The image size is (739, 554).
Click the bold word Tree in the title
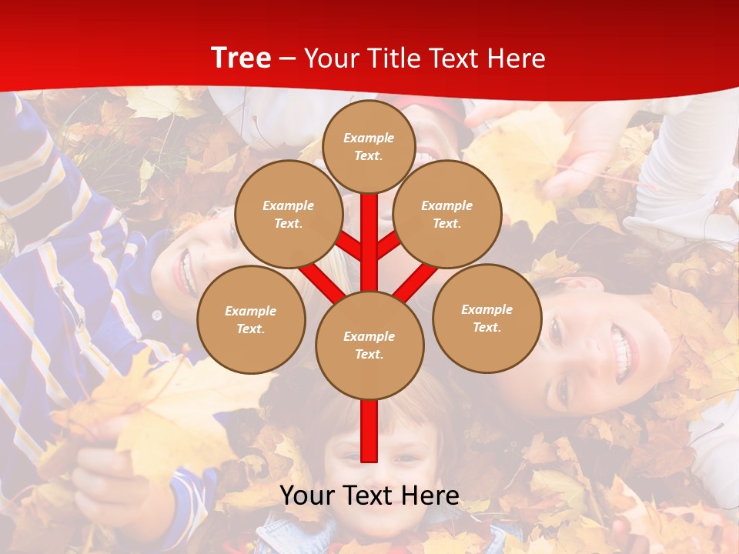coord(241,58)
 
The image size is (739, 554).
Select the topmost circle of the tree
coord(369,146)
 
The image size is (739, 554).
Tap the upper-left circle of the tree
coord(288,215)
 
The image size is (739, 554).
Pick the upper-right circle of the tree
coord(446,215)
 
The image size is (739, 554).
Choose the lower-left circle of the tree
coord(250,320)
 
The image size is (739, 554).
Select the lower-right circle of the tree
coord(487,319)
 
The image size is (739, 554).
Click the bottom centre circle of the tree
coord(369,345)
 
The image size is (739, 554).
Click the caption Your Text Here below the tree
coord(369,496)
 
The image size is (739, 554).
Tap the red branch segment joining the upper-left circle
coord(348,246)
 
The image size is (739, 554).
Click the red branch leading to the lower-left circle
coord(322,282)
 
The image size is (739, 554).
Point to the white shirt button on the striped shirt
coord(157,315)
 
